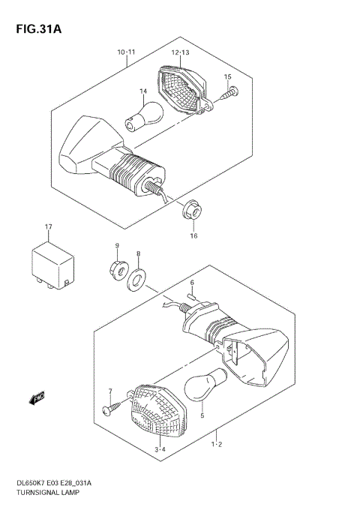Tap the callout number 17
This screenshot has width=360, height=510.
pyautogui.click(x=48, y=226)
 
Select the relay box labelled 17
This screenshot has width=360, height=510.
pyautogui.click(x=52, y=263)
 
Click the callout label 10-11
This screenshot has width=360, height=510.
pyautogui.click(x=126, y=52)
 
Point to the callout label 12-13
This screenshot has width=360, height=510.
pyautogui.click(x=181, y=52)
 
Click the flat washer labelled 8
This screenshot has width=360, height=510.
pyautogui.click(x=137, y=281)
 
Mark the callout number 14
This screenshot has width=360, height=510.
pyautogui.click(x=139, y=92)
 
